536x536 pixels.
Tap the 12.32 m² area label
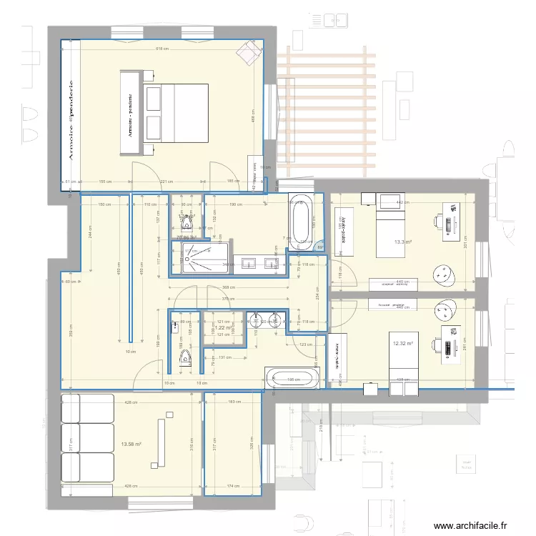coord(403,344)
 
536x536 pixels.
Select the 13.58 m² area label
coord(131,444)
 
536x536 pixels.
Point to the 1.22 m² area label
coord(224,328)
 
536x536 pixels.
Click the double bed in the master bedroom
coord(176,117)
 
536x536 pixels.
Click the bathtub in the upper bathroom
coord(300,221)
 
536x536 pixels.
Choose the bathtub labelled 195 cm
coord(294,379)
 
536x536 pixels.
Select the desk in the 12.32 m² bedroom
coord(451,343)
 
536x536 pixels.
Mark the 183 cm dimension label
coord(233,402)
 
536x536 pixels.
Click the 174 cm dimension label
coord(233,487)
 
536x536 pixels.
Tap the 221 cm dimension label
coord(166,182)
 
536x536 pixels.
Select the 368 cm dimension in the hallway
coord(229,289)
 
